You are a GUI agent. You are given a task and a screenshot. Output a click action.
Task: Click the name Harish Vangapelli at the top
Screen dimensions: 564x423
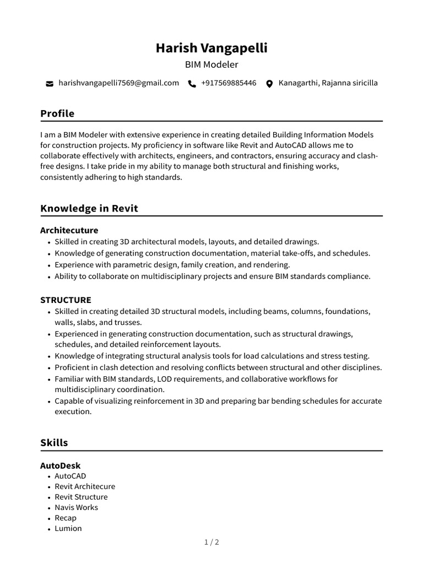pyautogui.click(x=211, y=48)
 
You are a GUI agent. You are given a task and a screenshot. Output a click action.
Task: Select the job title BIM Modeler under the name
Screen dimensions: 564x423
pyautogui.click(x=211, y=65)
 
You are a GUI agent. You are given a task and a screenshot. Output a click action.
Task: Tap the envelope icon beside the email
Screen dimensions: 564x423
pyautogui.click(x=50, y=84)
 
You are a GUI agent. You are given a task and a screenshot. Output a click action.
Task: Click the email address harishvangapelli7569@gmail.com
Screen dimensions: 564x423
pyautogui.click(x=118, y=83)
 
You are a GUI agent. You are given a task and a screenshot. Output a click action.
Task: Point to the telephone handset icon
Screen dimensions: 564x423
pyautogui.click(x=192, y=84)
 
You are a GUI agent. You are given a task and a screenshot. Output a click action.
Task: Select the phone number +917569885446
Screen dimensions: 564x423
pyautogui.click(x=229, y=83)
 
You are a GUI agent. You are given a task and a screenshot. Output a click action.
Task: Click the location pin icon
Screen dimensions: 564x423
pyautogui.click(x=269, y=84)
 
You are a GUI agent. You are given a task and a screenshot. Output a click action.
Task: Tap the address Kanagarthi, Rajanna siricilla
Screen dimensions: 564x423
pyautogui.click(x=328, y=83)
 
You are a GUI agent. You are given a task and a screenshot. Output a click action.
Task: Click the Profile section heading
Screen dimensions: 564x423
pyautogui.click(x=57, y=113)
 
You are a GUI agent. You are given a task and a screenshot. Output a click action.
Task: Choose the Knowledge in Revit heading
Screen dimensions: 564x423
pyautogui.click(x=89, y=208)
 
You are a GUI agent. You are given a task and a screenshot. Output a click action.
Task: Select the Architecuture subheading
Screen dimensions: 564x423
pyautogui.click(x=69, y=230)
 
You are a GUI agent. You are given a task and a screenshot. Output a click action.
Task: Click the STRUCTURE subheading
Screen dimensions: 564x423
pyautogui.click(x=66, y=300)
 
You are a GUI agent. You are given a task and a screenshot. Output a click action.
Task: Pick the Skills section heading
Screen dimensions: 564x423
pyautogui.click(x=54, y=443)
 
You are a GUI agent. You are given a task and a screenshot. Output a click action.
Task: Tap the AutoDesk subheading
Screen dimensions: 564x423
pyautogui.click(x=61, y=465)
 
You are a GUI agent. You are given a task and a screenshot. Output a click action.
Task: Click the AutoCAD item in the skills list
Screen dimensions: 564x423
pyautogui.click(x=70, y=476)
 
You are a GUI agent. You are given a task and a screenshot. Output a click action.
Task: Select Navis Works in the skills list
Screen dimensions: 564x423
pyautogui.click(x=76, y=507)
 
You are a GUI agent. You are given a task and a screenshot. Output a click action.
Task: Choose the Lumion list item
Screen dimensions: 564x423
pyautogui.click(x=68, y=528)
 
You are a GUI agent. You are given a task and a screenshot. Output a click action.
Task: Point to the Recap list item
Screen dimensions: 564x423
pyautogui.click(x=66, y=518)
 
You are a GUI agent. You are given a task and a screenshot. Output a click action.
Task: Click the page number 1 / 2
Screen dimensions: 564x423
pyautogui.click(x=211, y=542)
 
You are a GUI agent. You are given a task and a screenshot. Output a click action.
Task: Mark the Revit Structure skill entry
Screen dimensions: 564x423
pyautogui.click(x=81, y=497)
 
